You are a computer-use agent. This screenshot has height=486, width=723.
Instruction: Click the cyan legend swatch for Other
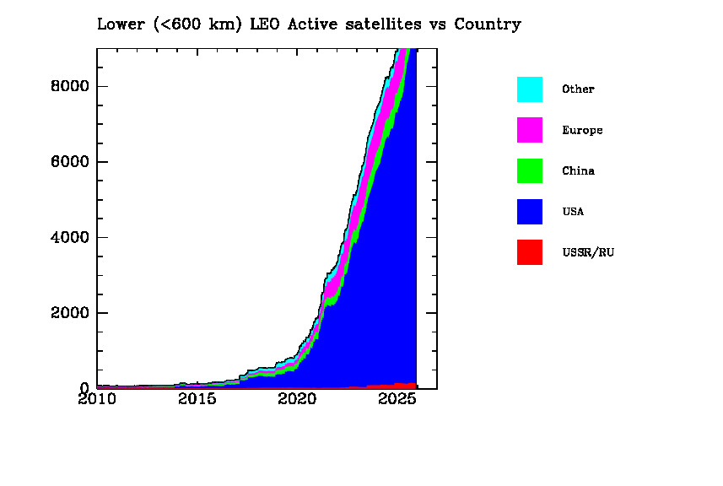click(x=530, y=89)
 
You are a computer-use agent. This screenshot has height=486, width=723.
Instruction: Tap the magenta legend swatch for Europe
click(x=530, y=130)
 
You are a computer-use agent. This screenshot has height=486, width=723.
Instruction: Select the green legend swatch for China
click(x=530, y=170)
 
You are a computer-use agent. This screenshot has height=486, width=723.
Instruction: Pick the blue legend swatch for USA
click(x=530, y=212)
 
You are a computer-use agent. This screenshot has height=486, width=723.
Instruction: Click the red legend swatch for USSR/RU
click(x=530, y=252)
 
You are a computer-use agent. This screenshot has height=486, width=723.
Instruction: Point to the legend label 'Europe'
click(x=582, y=131)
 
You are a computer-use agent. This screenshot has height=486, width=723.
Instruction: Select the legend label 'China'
click(x=578, y=171)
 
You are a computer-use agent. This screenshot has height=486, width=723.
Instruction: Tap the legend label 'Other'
click(x=578, y=89)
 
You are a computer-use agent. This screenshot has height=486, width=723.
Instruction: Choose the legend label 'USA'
click(x=573, y=212)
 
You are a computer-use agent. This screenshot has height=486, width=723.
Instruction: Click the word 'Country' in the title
click(x=488, y=24)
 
